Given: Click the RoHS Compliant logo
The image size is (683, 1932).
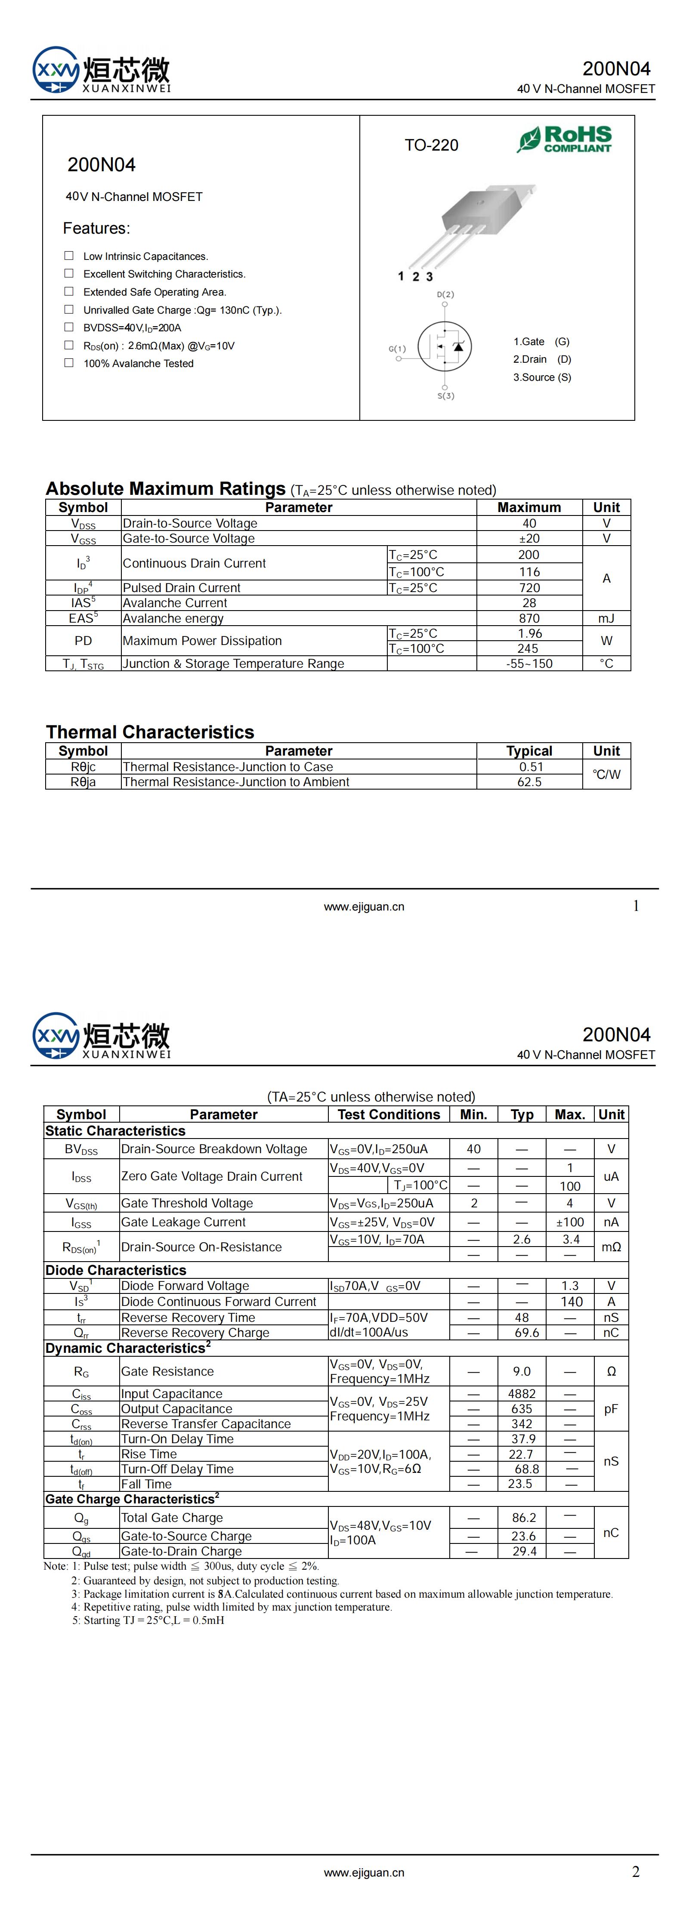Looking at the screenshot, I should [564, 139].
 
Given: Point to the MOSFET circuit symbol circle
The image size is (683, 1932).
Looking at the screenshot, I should [444, 346].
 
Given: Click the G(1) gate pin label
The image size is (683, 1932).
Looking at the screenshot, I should [397, 349].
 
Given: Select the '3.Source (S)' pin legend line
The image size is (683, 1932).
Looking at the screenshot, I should [542, 377].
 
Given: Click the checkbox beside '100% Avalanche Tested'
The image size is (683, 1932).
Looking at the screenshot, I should [69, 363].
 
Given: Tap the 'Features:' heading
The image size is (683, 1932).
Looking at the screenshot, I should [96, 228].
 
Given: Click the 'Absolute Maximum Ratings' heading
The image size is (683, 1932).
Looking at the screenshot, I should [166, 489].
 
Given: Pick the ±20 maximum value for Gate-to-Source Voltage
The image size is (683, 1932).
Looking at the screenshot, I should [529, 538].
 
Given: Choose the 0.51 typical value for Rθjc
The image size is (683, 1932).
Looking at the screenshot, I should [529, 766].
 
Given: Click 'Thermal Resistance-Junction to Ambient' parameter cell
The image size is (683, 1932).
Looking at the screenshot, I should [236, 781].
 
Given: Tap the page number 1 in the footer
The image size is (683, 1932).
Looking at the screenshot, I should [636, 906].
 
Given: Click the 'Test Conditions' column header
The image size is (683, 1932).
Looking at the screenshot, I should [389, 1114].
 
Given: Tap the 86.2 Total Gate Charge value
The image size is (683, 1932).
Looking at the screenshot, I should [524, 1517].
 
